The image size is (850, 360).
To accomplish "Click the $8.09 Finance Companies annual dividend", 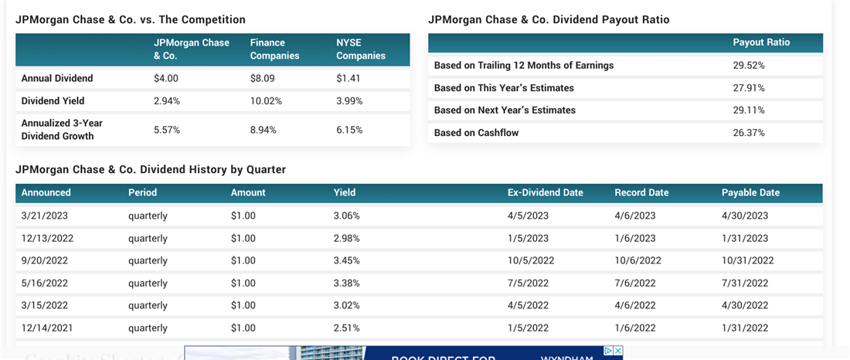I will (x=263, y=78).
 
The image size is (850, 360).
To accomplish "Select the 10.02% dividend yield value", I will (x=266, y=101).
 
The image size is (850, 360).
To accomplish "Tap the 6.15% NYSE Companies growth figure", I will (x=349, y=130).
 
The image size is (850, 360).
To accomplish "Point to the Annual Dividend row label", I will (x=57, y=78).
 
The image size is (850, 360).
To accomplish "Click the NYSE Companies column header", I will (x=361, y=49).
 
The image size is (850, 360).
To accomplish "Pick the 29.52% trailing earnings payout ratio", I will (x=749, y=66).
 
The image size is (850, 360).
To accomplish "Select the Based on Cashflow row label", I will (x=477, y=133).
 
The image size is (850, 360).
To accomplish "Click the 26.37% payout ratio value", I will (x=749, y=133).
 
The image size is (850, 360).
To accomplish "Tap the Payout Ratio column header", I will (x=761, y=42).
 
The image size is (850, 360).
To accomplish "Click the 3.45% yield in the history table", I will (x=346, y=260).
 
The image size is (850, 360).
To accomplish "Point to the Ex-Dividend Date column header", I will (x=545, y=192).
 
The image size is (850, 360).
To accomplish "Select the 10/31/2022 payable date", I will (x=747, y=260).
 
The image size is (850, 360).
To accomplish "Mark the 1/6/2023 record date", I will (x=635, y=238).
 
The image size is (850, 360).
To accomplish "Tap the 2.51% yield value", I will (x=346, y=328).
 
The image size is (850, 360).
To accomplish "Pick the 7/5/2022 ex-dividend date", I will (x=528, y=283).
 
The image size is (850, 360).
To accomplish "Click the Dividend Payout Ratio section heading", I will (x=549, y=19).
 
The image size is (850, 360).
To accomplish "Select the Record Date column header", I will (x=641, y=192).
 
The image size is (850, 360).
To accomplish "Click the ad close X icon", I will (x=617, y=351).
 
